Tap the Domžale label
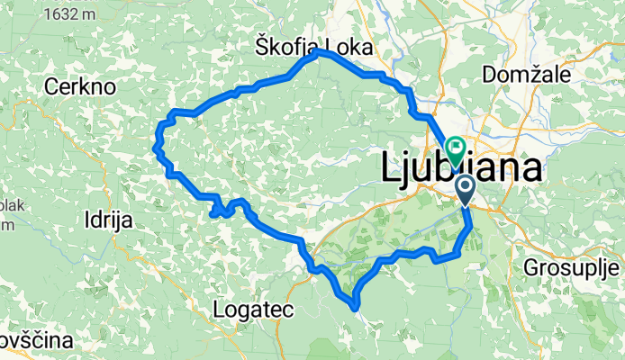click(x=526, y=75)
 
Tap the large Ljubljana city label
click(x=461, y=168)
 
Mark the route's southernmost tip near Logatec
click(x=357, y=310)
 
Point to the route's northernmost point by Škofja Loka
click(x=319, y=52)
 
